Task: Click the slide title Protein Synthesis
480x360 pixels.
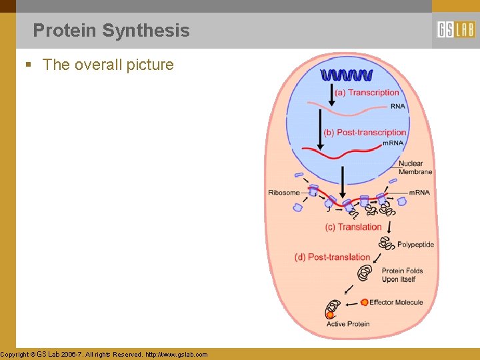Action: coord(111,31)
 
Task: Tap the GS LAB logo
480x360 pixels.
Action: coord(456,30)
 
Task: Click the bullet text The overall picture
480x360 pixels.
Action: coord(107,65)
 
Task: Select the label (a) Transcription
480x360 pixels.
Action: coord(367,93)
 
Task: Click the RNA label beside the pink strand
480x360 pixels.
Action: coord(397,106)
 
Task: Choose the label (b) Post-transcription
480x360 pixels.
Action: coord(365,132)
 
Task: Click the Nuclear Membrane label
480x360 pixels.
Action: coord(415,167)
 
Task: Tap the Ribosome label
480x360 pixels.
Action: coord(284,193)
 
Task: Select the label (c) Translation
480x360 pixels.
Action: coord(353,227)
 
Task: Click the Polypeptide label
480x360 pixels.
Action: coord(415,245)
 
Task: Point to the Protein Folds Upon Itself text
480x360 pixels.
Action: coord(402,275)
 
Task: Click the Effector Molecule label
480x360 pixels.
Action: coord(396,303)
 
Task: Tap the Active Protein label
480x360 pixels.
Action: coord(347,325)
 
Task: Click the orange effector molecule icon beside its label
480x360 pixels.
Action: coord(364,303)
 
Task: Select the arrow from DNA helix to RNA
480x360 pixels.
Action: coord(331,93)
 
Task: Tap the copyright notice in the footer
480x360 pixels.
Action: coord(104,355)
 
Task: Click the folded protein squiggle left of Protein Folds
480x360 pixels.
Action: coord(365,273)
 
